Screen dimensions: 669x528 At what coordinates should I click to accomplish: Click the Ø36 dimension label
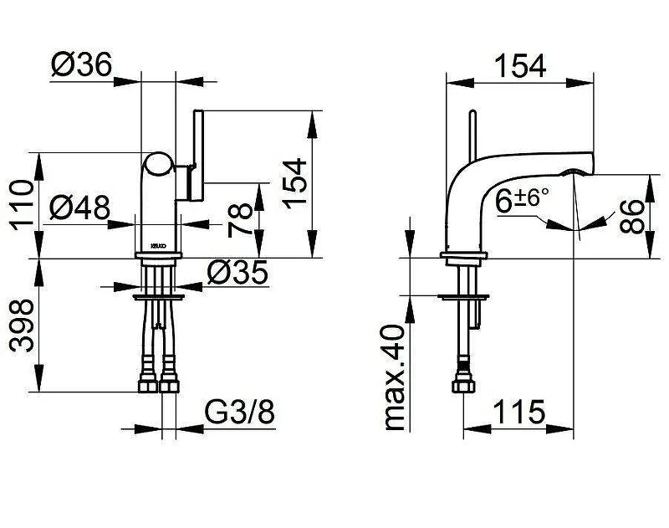coord(81,64)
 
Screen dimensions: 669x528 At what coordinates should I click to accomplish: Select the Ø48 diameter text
coord(79,208)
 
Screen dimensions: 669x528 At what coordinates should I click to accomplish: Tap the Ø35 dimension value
coord(237,272)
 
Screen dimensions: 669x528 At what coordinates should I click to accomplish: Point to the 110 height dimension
coord(22,205)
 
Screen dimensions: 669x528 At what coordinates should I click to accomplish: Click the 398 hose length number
coord(22,326)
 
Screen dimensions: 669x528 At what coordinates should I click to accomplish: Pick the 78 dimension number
coord(241,220)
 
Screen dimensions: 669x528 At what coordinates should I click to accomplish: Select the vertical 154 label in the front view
coord(294,183)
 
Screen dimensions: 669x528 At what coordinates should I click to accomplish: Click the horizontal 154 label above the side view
coord(520,66)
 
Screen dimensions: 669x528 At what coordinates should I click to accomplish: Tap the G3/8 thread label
coord(240,412)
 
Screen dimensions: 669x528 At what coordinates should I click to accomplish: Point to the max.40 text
coord(394,377)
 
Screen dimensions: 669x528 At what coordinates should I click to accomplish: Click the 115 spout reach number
coord(518,412)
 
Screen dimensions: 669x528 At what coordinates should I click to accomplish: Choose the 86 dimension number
coord(631,217)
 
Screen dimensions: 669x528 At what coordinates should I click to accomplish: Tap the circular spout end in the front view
coord(158,165)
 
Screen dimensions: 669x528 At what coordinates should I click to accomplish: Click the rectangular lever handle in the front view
coord(198,155)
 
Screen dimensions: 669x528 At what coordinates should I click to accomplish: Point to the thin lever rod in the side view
coord(472,136)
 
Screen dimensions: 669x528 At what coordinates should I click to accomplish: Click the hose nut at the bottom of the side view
coord(463,384)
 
